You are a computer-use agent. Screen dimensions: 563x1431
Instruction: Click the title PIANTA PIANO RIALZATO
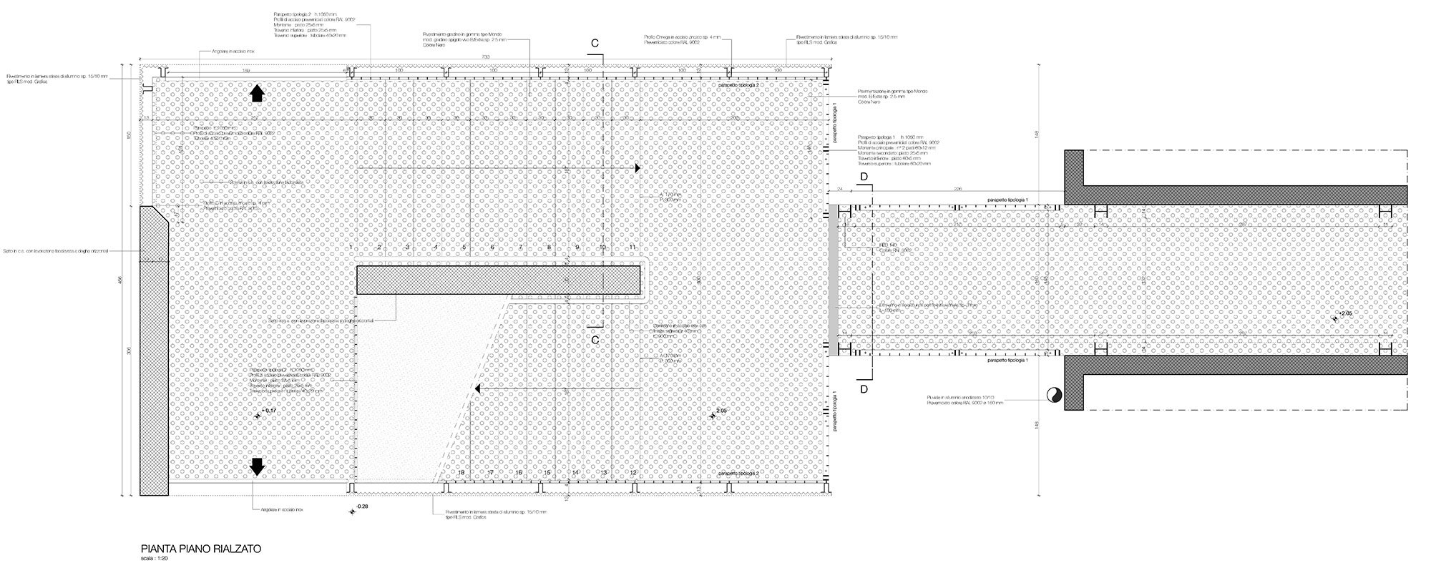200,549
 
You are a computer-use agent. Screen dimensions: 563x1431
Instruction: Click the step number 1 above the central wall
351,247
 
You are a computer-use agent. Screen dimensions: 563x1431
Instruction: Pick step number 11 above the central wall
633,247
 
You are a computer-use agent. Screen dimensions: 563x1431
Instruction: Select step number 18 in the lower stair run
461,473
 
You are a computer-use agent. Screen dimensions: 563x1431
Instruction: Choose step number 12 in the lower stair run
633,473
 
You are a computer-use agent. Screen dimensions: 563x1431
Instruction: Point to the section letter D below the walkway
864,388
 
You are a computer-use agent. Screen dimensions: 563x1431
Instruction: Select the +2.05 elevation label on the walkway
1344,314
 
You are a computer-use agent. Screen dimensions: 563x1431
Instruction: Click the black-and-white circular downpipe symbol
1053,393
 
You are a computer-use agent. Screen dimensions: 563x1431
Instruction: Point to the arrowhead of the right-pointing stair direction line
636,167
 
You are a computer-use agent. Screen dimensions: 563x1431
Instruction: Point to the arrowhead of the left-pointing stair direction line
479,388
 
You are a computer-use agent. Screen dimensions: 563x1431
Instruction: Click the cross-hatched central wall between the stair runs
498,280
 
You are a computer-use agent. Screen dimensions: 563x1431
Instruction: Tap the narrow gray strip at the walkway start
833,280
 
